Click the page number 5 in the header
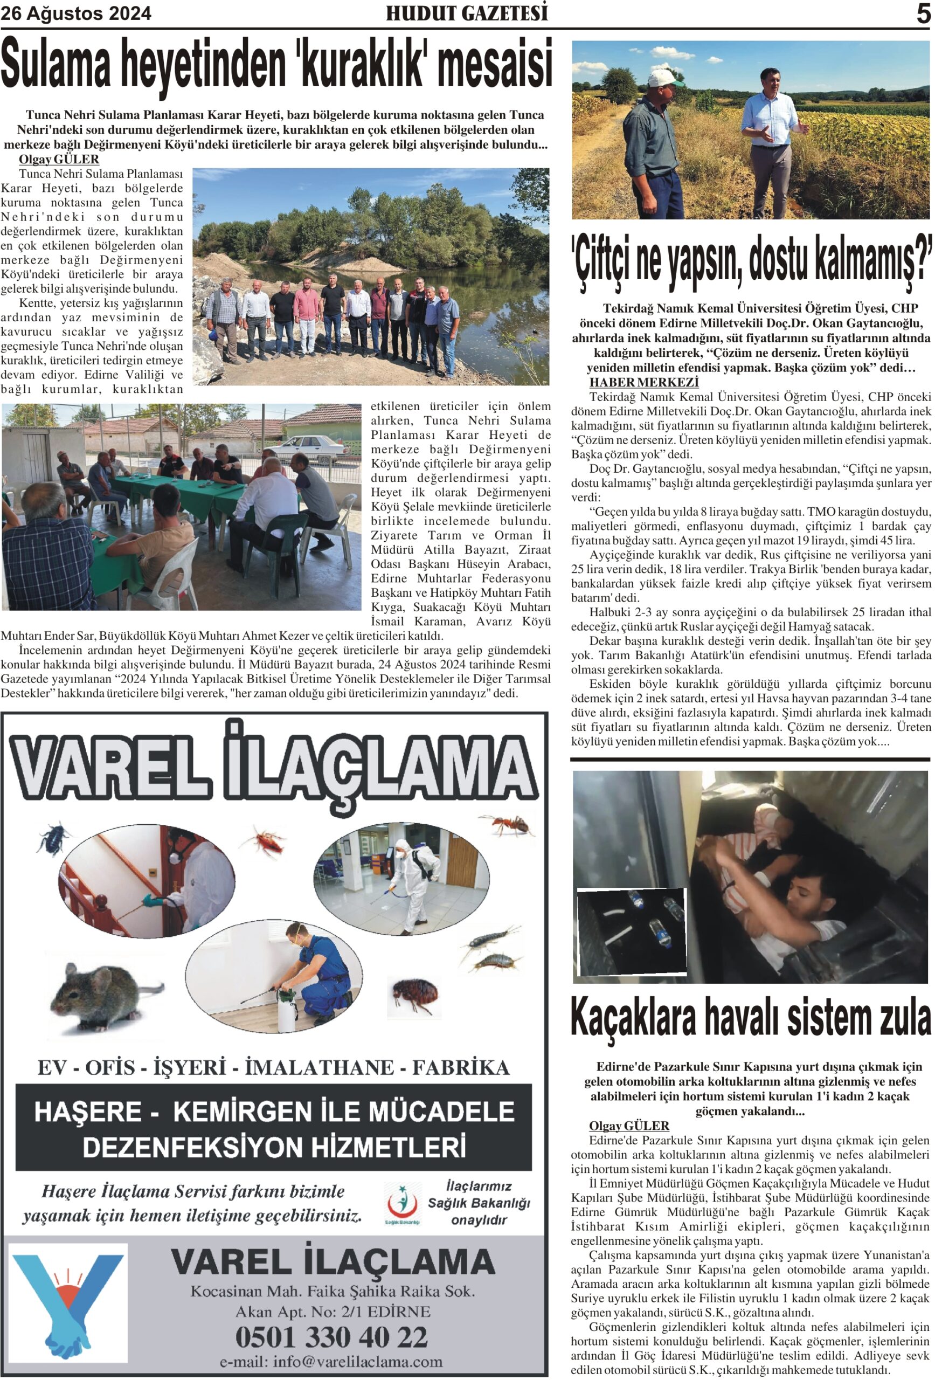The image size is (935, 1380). click(923, 13)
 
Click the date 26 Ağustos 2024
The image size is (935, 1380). click(76, 13)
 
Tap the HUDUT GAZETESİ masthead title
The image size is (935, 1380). click(467, 13)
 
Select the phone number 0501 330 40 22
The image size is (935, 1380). click(331, 1337)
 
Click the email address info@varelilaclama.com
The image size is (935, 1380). click(331, 1362)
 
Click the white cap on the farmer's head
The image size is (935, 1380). click(664, 78)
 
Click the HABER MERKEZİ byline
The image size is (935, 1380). click(643, 382)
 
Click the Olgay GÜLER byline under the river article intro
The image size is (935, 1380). click(59, 159)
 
